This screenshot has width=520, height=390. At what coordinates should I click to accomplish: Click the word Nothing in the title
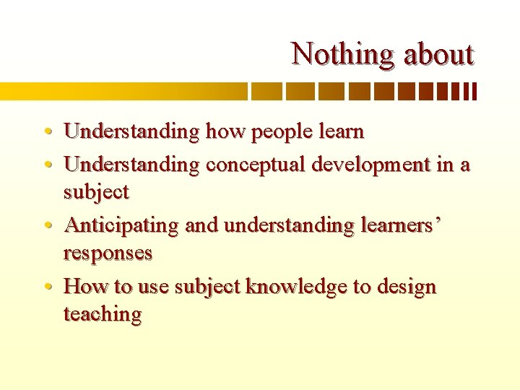pos(333,54)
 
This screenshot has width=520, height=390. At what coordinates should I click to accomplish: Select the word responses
pos(108,253)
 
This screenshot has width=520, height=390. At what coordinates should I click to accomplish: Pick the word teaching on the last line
pos(102,314)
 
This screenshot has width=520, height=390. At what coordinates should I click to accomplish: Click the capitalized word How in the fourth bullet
pos(85,287)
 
